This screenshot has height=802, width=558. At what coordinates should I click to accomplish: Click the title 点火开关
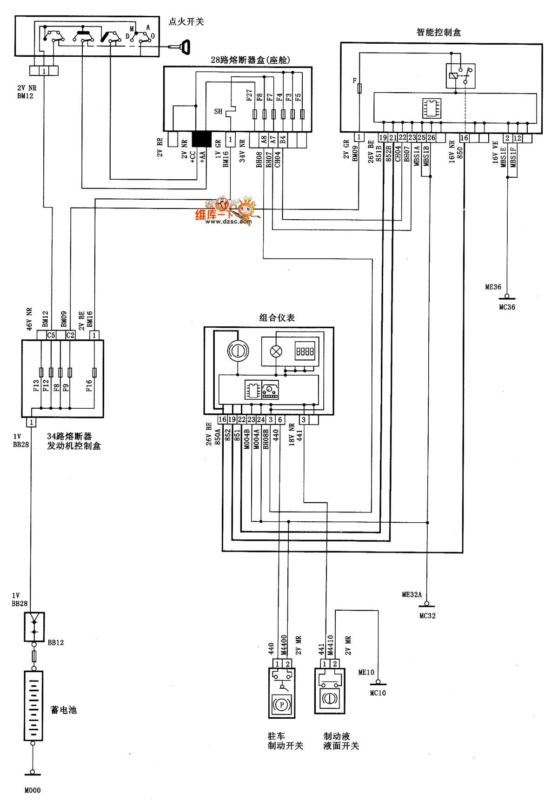[x=186, y=22]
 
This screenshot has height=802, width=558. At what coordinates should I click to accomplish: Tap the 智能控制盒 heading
[x=438, y=32]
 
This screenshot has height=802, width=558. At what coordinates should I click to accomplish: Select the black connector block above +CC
[x=201, y=139]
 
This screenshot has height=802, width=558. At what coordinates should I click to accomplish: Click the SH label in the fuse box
[x=218, y=112]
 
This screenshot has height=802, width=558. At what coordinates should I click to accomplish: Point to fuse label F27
[x=250, y=95]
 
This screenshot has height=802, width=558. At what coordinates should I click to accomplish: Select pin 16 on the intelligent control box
[x=464, y=138]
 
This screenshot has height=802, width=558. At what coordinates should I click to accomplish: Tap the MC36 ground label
[x=507, y=307]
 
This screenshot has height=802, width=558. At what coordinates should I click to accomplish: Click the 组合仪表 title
[x=277, y=318]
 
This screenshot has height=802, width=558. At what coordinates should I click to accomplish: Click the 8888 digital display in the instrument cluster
[x=305, y=351]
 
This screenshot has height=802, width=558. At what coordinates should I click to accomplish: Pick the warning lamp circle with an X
[x=276, y=351]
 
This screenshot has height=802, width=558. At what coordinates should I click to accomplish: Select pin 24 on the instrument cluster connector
[x=261, y=419]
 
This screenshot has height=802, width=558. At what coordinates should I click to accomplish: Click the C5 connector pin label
[x=51, y=335]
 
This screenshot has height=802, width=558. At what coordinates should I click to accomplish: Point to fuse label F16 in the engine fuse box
[x=89, y=385]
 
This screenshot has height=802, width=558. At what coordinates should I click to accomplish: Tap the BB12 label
[x=56, y=642]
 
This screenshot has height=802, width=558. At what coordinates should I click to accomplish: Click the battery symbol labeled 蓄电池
[x=33, y=706]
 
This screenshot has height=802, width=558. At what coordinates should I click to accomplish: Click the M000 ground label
[x=33, y=790]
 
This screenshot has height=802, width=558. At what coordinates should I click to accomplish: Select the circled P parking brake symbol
[x=281, y=705]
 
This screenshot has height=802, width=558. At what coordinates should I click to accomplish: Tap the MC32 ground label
[x=427, y=615]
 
